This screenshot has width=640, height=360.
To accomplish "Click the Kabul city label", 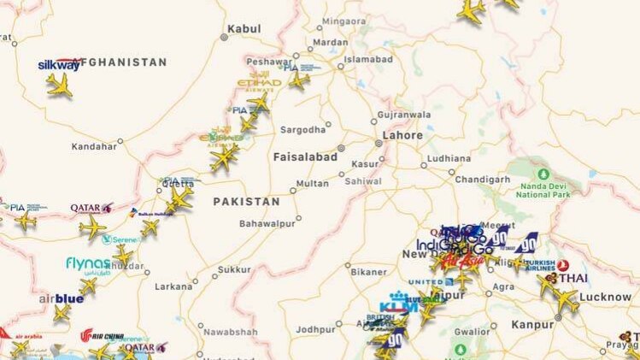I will (x=245, y=28).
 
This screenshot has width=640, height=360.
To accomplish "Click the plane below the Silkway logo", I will (x=59, y=85).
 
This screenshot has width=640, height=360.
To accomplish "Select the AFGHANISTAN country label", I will (x=121, y=62).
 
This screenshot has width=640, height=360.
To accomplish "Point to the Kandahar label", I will (x=94, y=146).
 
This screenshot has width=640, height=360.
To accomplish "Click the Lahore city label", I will (x=402, y=135).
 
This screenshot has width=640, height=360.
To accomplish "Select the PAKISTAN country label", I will (x=246, y=202).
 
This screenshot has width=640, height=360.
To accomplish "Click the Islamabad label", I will (x=368, y=60).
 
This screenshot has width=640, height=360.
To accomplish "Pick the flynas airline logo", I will (x=88, y=263).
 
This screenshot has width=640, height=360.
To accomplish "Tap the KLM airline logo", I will (x=399, y=305).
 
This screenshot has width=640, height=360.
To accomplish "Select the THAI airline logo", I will (x=573, y=278).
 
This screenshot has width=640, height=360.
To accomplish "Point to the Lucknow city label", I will (x=605, y=297).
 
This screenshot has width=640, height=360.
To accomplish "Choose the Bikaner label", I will (x=369, y=272).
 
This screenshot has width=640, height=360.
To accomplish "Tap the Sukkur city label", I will (x=234, y=269).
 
